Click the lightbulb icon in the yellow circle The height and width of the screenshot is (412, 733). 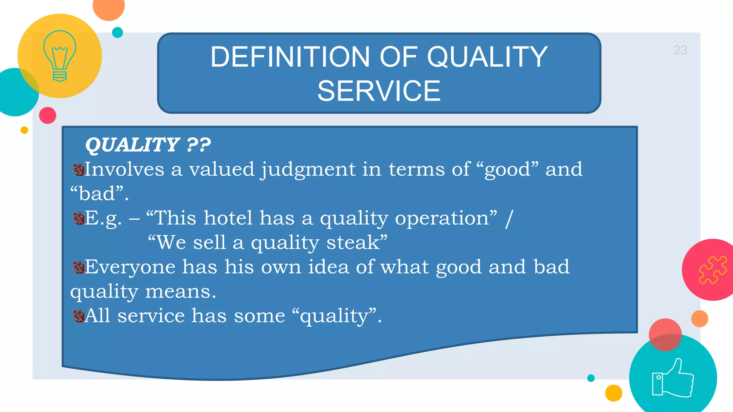[59, 56]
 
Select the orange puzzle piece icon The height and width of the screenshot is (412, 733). [713, 270]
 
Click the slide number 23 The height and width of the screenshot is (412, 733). [680, 50]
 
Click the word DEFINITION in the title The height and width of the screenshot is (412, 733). [290, 57]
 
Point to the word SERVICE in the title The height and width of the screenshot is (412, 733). [379, 91]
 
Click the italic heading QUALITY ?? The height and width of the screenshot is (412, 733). [148, 145]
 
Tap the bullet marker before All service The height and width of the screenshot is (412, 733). [78, 316]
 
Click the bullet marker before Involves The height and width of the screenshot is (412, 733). [78, 170]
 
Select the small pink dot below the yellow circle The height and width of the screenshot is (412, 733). [48, 115]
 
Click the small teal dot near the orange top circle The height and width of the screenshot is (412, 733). [117, 33]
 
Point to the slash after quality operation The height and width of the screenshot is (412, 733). [509, 218]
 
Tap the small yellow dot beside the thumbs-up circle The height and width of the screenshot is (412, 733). [613, 393]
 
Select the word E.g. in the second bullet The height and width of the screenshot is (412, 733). [103, 218]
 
